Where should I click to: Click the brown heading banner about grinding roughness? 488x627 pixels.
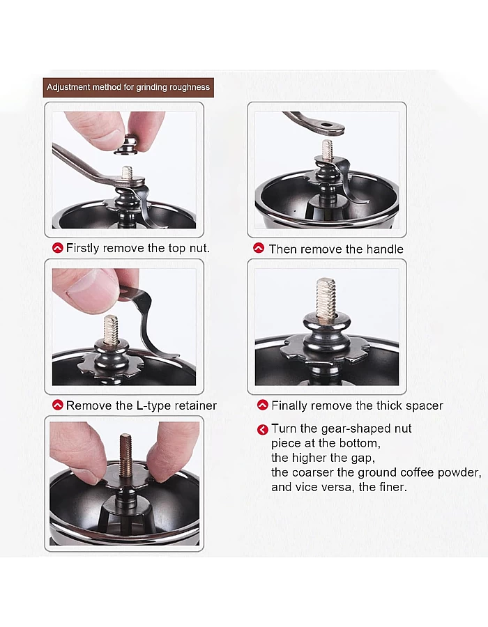[128, 88]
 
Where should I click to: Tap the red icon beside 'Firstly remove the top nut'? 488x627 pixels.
[57, 248]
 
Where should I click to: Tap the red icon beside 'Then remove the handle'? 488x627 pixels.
[259, 248]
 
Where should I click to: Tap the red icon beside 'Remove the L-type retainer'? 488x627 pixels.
[57, 405]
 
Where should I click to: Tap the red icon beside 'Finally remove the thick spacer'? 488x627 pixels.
[262, 405]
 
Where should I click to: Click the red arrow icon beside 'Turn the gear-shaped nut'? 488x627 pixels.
[262, 429]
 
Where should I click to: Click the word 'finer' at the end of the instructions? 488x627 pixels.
[389, 487]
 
